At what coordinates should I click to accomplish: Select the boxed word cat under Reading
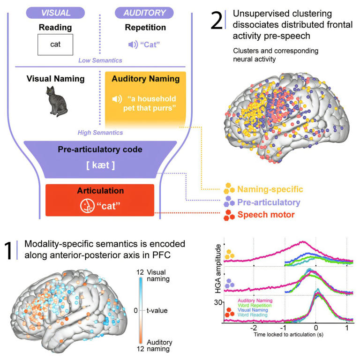pos(55,45)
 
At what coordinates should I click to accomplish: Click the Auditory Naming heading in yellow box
pos(145,79)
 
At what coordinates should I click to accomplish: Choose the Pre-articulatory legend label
pos(268,202)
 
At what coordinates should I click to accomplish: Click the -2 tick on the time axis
pos(253,329)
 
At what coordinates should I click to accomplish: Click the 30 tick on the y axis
pos(218,302)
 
